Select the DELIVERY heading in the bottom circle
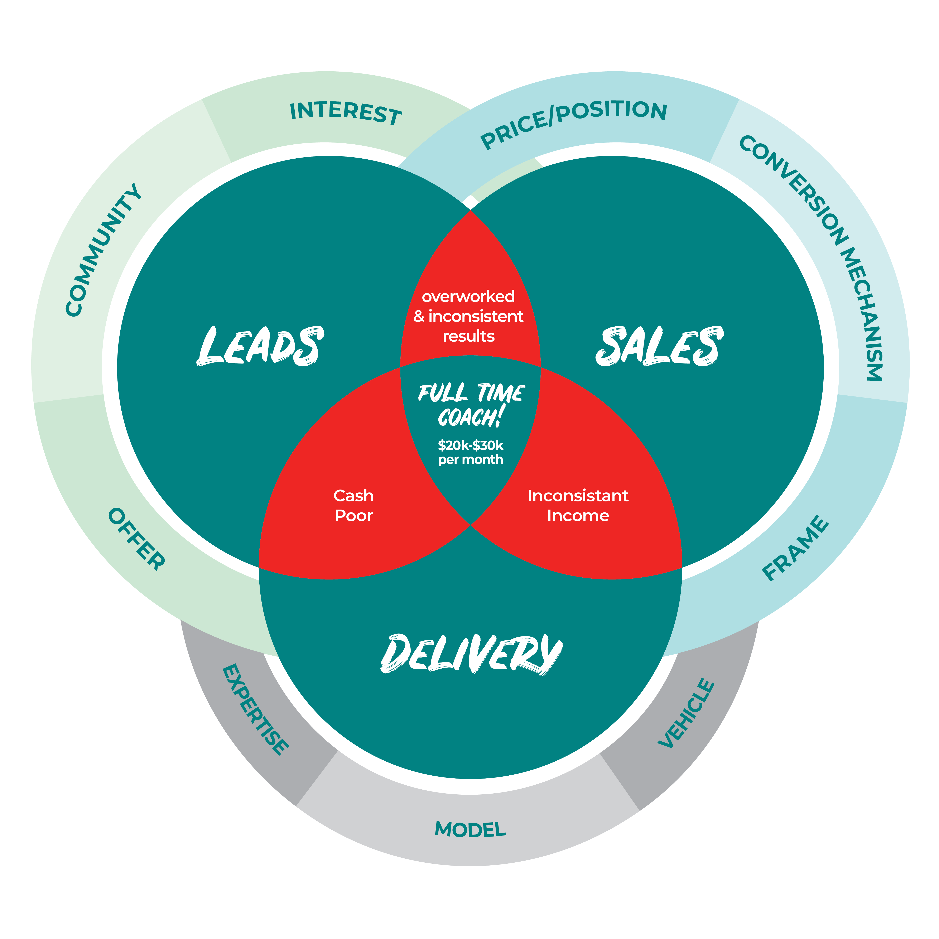click(471, 654)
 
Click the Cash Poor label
click(353, 505)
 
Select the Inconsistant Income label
click(578, 505)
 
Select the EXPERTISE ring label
click(255, 710)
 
